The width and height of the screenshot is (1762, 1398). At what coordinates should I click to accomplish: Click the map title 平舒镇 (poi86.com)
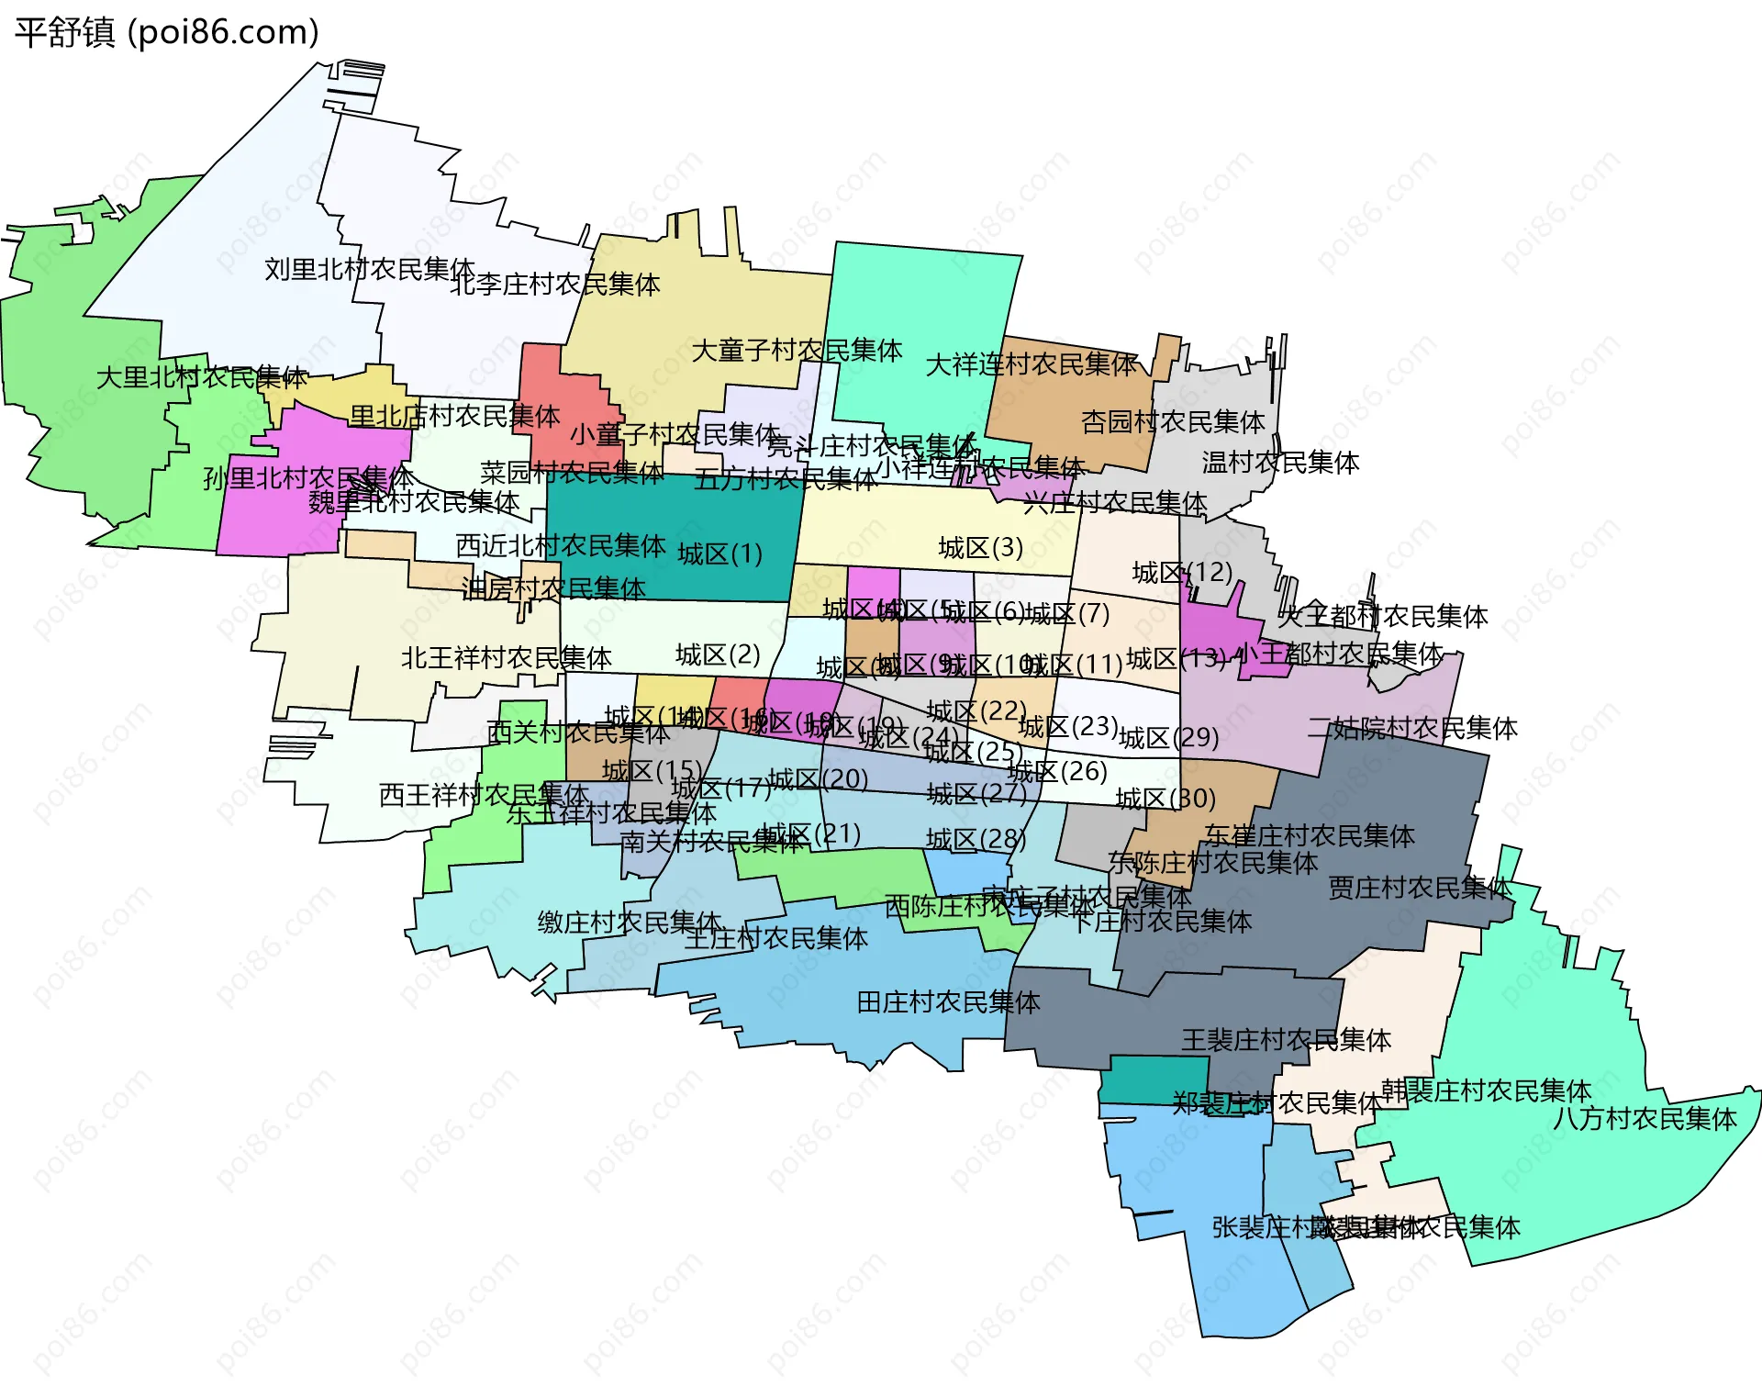(x=166, y=32)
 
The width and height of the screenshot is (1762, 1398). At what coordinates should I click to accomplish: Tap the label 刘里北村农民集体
(x=369, y=269)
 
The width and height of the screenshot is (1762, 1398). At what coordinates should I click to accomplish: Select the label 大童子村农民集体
(x=796, y=351)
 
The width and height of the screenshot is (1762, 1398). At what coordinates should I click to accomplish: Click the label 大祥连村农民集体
(x=1032, y=364)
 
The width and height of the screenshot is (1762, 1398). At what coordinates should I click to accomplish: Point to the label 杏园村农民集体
(x=1173, y=422)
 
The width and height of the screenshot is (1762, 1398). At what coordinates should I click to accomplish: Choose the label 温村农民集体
(x=1280, y=463)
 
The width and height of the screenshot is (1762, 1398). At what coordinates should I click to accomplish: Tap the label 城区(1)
(x=719, y=554)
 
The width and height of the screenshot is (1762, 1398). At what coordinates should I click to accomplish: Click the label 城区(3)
(x=980, y=548)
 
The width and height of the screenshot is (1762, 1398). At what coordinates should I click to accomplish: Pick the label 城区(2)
(x=718, y=654)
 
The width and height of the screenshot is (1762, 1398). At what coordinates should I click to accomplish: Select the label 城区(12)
(x=1182, y=573)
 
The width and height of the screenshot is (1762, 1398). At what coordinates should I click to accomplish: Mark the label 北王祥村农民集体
(x=506, y=658)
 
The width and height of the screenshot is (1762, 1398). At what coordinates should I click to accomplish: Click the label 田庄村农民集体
(x=948, y=1002)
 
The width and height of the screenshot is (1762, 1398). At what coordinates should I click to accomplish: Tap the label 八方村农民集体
(x=1645, y=1119)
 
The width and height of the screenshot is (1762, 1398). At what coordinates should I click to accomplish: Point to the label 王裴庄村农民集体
(x=1286, y=1040)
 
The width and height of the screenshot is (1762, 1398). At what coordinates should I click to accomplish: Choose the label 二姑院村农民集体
(x=1412, y=729)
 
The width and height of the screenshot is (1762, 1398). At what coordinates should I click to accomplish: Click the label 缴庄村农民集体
(x=630, y=922)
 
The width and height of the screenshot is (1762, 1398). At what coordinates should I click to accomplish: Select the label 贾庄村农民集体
(x=1420, y=888)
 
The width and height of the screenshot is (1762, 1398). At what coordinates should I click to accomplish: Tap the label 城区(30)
(x=1165, y=799)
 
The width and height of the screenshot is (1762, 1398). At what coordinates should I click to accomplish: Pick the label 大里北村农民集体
(x=202, y=377)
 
